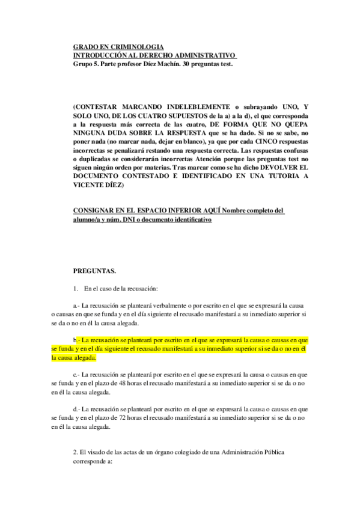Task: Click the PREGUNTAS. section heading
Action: (94, 271)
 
